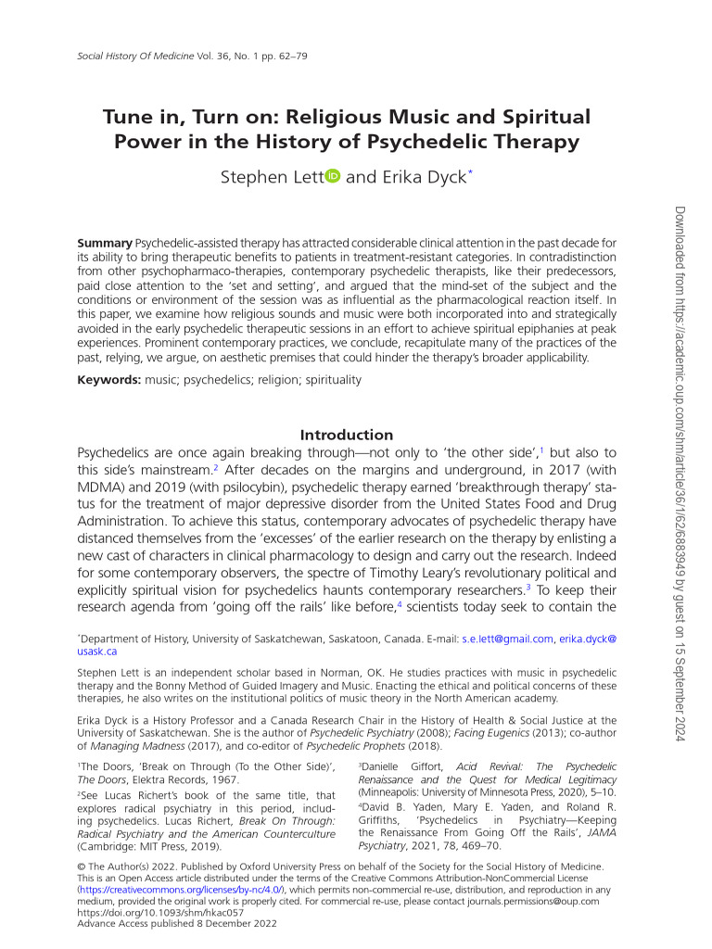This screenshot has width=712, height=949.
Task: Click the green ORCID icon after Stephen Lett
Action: (333, 176)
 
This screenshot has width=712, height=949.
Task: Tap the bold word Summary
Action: (105, 243)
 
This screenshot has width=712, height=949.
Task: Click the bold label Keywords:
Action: (109, 380)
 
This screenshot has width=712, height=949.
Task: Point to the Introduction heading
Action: (347, 435)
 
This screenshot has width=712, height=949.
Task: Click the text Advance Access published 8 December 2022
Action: (176, 923)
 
